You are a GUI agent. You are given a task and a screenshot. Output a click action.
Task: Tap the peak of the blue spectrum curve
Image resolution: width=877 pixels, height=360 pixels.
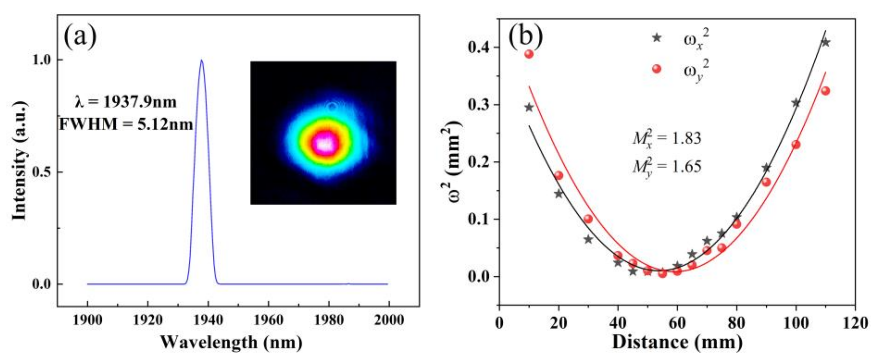coord(202,60)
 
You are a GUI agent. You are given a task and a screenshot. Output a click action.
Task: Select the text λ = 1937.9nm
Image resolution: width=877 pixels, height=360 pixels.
coord(126,102)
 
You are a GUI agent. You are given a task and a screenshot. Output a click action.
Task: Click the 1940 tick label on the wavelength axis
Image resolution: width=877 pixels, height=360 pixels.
coord(207,320)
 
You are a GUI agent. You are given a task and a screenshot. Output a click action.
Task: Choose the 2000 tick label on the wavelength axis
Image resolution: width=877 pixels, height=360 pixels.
coord(389,320)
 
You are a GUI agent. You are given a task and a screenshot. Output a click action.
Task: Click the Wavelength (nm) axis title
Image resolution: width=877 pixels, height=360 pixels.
coord(231,342)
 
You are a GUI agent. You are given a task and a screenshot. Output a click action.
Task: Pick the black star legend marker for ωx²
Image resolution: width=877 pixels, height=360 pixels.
coord(657,38)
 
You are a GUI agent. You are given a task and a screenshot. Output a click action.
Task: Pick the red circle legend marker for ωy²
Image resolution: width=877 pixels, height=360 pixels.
coord(657,69)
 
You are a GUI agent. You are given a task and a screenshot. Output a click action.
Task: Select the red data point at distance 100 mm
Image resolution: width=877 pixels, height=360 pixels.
coord(796,145)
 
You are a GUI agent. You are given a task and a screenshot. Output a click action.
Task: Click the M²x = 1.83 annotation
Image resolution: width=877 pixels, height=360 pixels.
coord(667,139)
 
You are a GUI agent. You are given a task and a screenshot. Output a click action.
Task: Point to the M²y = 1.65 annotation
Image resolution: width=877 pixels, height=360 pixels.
coord(667,167)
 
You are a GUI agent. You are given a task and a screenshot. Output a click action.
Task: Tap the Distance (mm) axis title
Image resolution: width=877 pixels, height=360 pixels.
coord(677,342)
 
